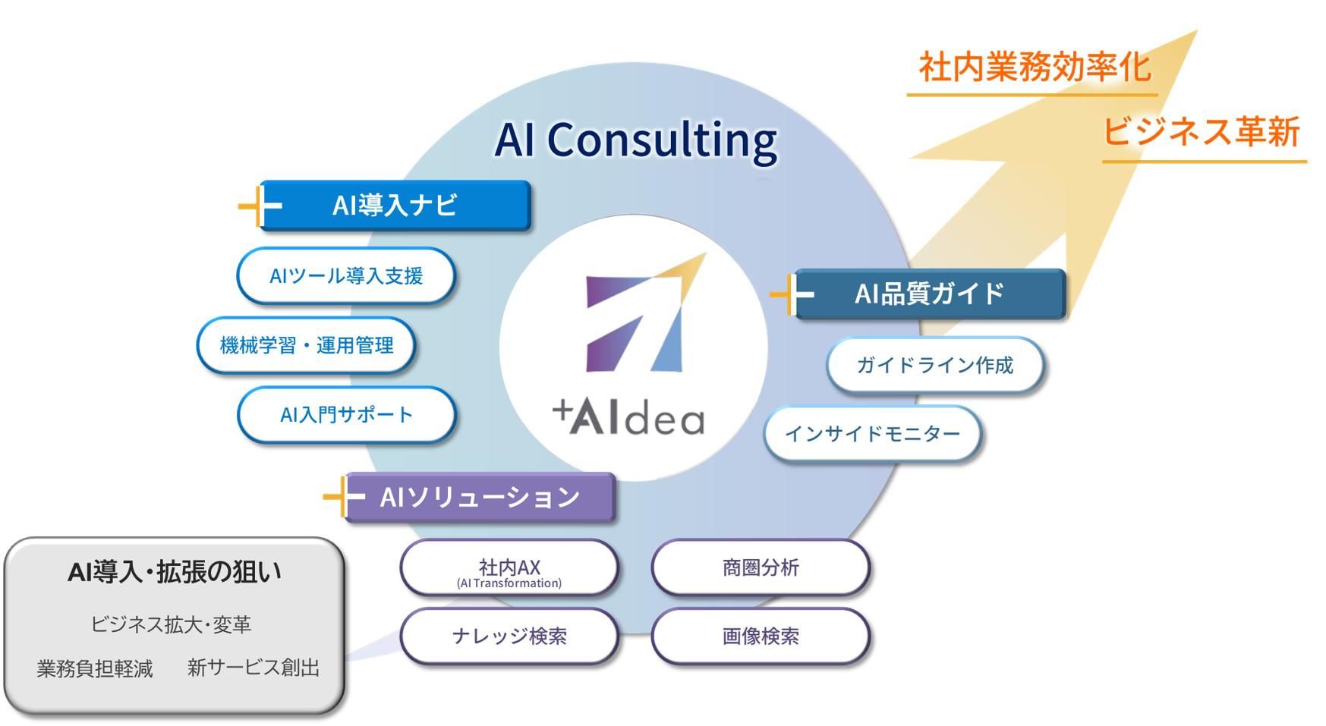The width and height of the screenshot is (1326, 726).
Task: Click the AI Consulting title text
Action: [636, 140]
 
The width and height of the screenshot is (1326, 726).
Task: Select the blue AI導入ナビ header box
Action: [395, 205]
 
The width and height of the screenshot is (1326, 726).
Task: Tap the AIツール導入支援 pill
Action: [346, 275]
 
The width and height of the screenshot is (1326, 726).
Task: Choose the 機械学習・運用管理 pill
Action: [307, 345]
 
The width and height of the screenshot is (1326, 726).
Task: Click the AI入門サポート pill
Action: [346, 415]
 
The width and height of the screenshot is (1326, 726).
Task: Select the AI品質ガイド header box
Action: [930, 294]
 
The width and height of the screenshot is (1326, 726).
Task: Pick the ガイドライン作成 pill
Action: [934, 366]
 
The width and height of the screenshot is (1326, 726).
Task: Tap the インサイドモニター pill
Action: [872, 434]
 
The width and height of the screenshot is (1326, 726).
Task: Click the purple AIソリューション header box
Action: [480, 498]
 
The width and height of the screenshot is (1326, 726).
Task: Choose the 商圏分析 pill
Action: [761, 567]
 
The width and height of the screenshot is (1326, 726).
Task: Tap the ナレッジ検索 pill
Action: [509, 636]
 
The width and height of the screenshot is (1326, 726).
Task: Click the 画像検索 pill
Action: [761, 636]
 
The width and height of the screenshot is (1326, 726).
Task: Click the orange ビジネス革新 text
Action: [1201, 132]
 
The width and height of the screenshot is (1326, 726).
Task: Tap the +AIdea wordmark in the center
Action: [628, 418]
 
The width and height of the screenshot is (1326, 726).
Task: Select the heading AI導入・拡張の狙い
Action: [175, 572]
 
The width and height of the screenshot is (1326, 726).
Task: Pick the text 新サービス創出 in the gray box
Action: [254, 668]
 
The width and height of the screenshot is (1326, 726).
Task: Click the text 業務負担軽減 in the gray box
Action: [95, 668]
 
